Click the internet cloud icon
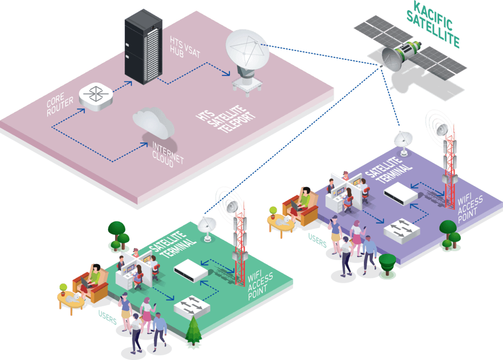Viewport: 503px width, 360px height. (x=153, y=123)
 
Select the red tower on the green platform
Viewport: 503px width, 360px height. (x=240, y=246)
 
